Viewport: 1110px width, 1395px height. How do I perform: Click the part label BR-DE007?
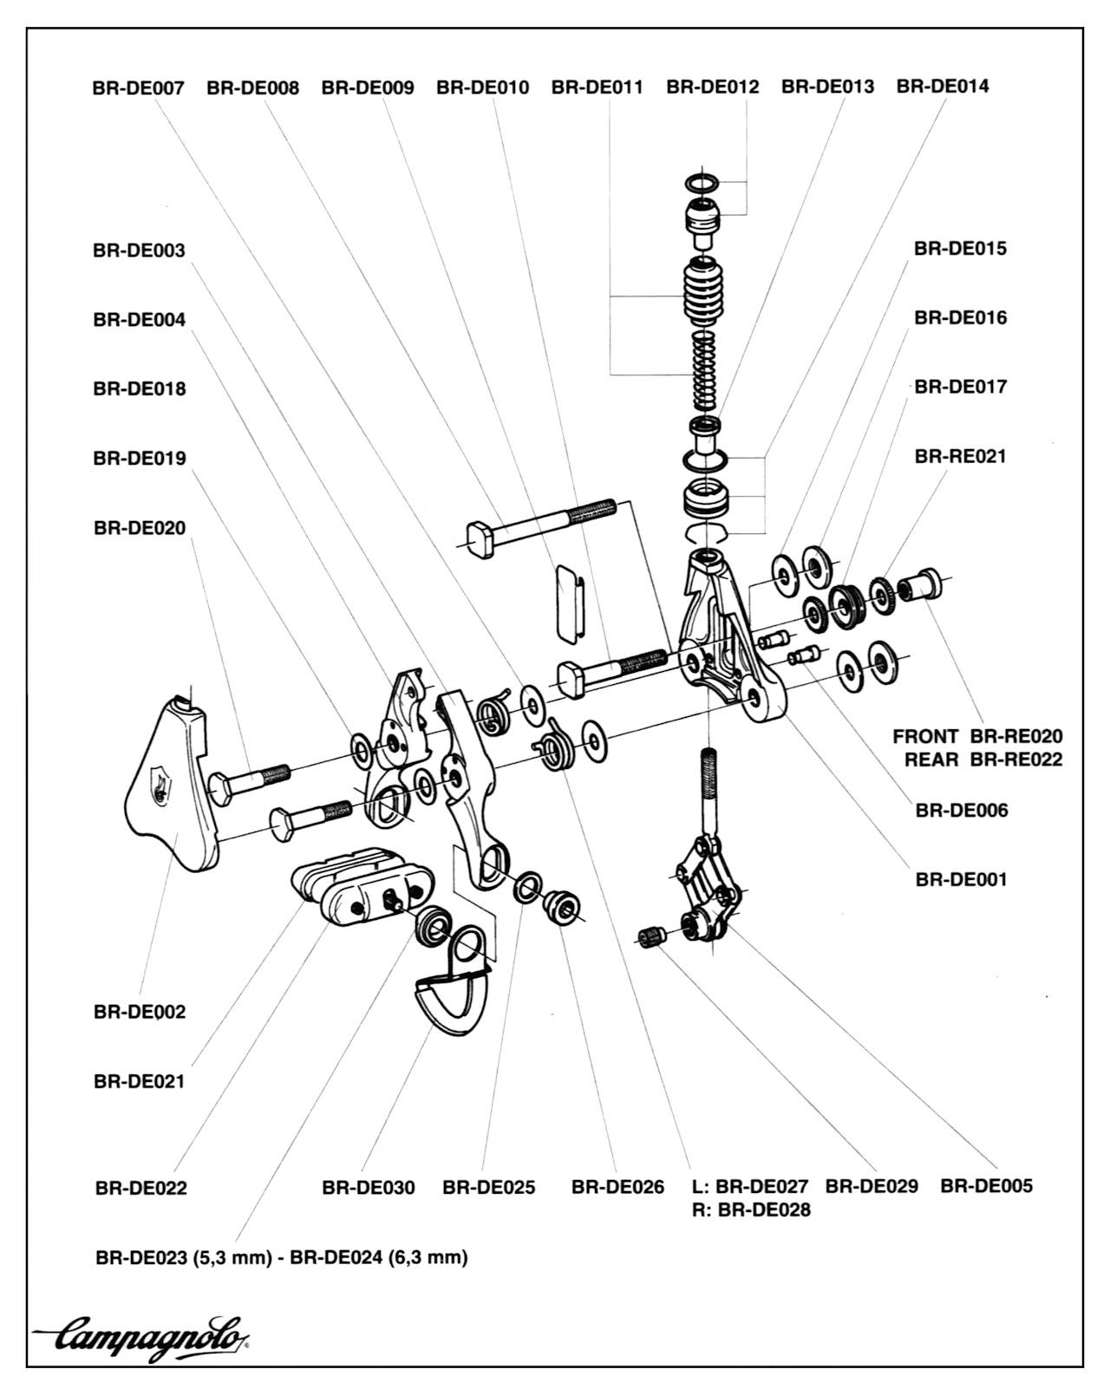point(138,88)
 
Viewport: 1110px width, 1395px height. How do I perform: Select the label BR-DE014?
point(942,87)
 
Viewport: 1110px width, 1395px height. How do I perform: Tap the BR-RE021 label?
point(960,456)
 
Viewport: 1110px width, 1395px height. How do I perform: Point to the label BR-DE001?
point(961,880)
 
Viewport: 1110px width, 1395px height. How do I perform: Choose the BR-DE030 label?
point(368,1187)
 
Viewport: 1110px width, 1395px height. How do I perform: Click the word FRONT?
point(925,737)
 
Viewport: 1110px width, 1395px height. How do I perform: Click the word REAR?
point(931,759)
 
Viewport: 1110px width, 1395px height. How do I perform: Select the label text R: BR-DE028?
point(751,1209)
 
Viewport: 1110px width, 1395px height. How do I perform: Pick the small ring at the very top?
point(702,183)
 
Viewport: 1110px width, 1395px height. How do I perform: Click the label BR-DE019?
point(139,459)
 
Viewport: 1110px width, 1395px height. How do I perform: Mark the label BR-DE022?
point(140,1188)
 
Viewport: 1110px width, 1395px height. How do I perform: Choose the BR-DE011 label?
point(597,88)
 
